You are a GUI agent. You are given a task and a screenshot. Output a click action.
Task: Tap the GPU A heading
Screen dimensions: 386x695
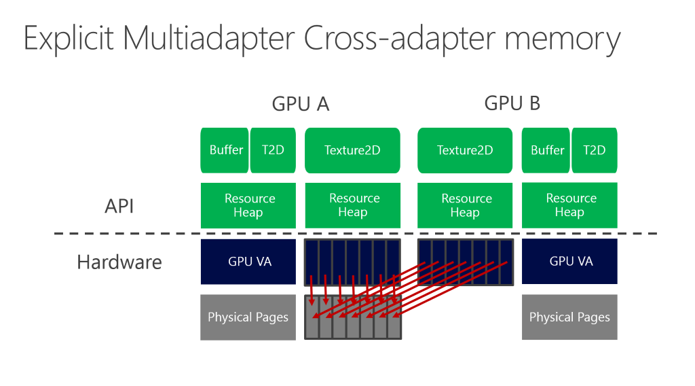point(300,103)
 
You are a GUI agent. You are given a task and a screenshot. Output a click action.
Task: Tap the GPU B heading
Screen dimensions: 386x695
point(512,103)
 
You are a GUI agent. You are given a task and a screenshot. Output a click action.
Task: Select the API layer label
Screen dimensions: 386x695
point(119,206)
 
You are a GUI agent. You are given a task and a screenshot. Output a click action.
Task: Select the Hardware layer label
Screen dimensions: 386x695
point(119,262)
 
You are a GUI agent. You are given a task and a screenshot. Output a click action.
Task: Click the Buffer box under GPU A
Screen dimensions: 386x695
point(225,150)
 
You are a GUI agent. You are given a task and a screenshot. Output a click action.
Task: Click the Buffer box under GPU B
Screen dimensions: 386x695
point(546,150)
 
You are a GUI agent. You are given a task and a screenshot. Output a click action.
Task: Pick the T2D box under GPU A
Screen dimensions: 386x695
point(273,150)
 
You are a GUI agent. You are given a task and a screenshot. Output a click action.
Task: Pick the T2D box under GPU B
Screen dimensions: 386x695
point(594,150)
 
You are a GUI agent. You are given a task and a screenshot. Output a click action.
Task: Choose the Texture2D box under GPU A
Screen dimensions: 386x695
point(352,150)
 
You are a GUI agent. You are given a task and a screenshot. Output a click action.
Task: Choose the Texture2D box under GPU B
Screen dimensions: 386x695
point(465,150)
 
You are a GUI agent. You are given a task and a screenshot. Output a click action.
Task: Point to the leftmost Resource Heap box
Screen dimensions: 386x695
point(248,205)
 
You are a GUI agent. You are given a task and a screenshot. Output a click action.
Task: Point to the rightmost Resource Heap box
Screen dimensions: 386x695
point(570,205)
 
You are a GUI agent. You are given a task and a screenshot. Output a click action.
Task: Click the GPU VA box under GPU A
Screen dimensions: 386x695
point(248,261)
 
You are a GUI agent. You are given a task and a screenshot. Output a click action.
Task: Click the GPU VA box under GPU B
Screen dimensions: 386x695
point(570,261)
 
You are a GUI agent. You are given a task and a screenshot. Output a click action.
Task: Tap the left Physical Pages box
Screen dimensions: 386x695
point(248,317)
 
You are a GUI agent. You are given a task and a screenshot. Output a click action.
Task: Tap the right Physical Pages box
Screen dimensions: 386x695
point(570,317)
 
